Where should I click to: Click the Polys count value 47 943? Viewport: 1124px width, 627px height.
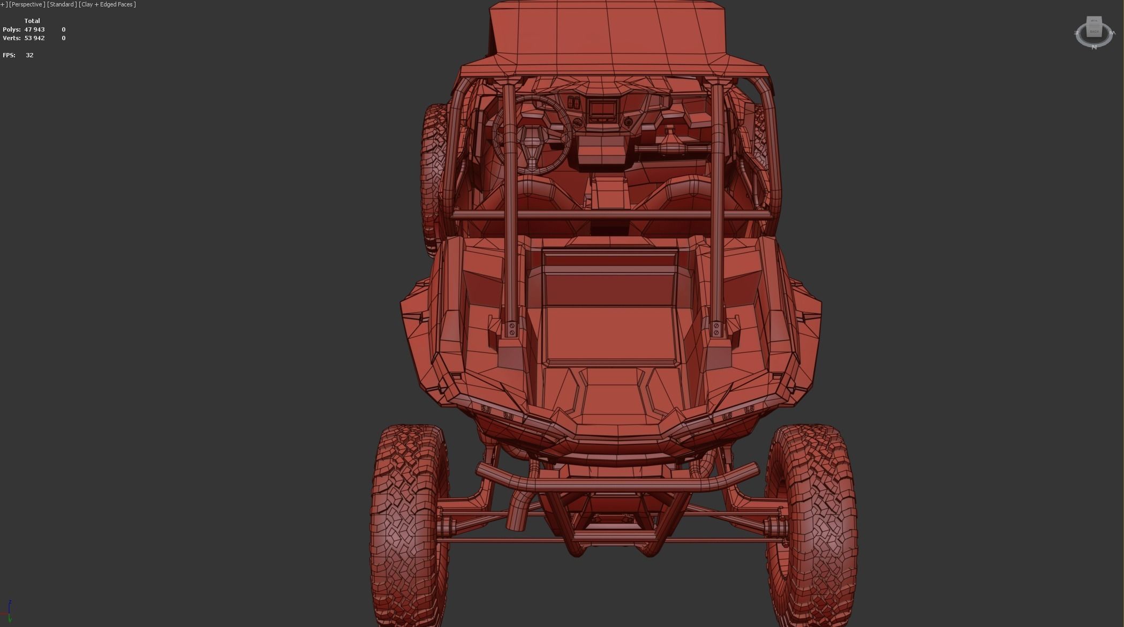[x=34, y=29]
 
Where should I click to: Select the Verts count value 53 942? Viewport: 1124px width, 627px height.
[x=34, y=38]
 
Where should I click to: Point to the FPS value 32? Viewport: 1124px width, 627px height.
[x=29, y=55]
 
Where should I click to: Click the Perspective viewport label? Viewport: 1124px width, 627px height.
[x=27, y=4]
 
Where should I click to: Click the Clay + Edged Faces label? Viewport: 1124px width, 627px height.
[x=107, y=4]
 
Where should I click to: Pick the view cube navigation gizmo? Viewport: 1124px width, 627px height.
[x=1093, y=32]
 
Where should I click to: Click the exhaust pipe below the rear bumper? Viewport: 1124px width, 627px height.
[x=518, y=509]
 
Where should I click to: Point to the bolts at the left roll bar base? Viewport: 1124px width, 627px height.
[x=512, y=329]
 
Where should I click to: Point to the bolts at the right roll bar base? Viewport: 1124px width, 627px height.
[x=716, y=329]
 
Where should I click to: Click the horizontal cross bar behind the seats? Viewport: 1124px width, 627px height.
[x=610, y=215]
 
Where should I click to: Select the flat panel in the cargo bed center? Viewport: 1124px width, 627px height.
[x=610, y=335]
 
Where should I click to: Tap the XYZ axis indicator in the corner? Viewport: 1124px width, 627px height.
[x=8, y=610]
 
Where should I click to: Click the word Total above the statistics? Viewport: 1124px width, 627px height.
[x=32, y=21]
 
